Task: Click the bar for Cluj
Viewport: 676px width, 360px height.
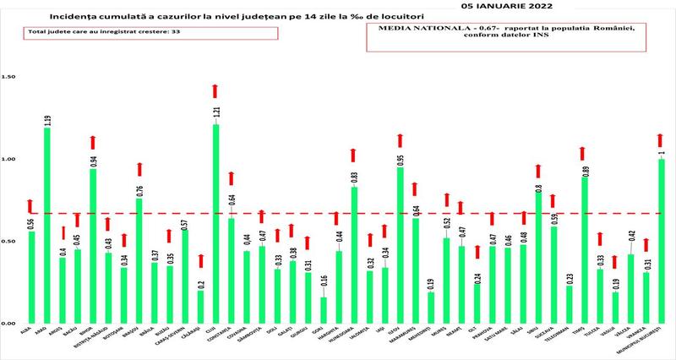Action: (215, 224)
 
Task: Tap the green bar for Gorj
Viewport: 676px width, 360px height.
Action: (323, 310)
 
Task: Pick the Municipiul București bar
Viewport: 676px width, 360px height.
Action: (662, 241)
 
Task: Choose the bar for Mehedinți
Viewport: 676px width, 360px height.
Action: (431, 308)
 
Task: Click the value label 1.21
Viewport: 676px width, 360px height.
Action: (215, 112)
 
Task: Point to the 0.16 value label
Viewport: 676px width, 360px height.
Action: (323, 282)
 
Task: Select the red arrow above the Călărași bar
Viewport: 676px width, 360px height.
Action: (200, 261)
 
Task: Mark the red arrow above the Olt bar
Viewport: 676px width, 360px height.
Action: (477, 252)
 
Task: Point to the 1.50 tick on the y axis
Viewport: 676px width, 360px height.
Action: (10, 77)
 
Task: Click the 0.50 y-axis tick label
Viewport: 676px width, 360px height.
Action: (10, 242)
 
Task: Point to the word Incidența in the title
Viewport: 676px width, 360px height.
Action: (72, 16)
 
